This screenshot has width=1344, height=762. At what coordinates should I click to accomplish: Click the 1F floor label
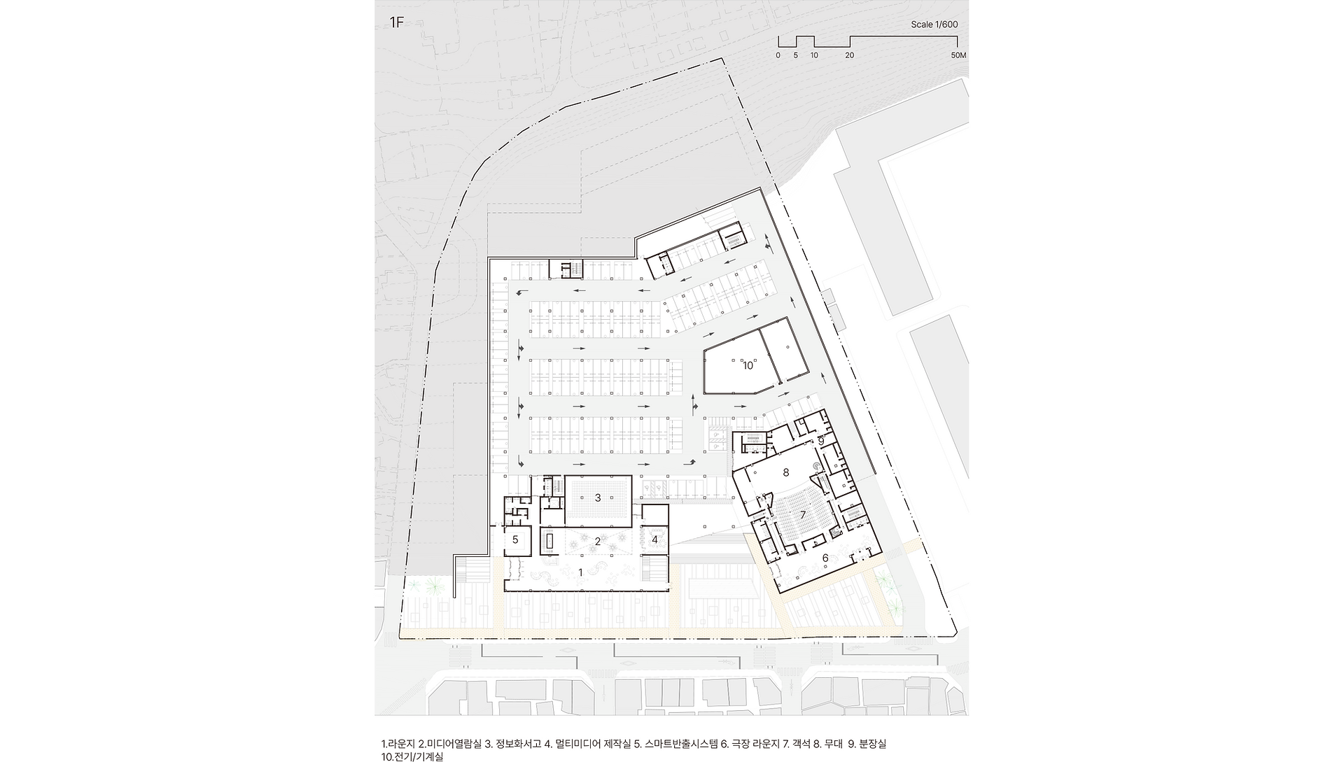[397, 23]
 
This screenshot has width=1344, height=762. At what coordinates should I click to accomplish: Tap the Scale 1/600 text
[934, 24]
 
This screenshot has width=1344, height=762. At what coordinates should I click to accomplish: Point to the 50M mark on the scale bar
[959, 55]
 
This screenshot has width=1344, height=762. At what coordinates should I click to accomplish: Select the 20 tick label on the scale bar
[850, 55]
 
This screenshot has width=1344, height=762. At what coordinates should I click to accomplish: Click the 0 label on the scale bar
[778, 55]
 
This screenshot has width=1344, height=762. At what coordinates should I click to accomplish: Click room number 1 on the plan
[580, 572]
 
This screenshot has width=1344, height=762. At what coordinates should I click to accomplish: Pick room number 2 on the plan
[598, 541]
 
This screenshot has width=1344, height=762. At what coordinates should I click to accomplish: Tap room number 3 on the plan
[598, 498]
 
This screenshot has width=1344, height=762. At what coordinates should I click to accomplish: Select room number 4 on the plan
[655, 539]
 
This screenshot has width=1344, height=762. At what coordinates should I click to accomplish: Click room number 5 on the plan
[515, 539]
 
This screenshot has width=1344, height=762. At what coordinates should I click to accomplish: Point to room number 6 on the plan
[825, 558]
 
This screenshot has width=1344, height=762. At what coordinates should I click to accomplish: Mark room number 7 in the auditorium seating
[803, 515]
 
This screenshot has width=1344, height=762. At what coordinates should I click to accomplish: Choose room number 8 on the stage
[786, 473]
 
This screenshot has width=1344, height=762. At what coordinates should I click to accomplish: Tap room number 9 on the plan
[821, 441]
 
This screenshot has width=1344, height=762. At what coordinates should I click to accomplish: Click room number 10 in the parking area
[748, 365]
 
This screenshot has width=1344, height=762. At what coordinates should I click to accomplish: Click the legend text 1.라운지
[398, 744]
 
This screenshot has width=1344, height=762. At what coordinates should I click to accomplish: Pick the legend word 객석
[801, 744]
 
